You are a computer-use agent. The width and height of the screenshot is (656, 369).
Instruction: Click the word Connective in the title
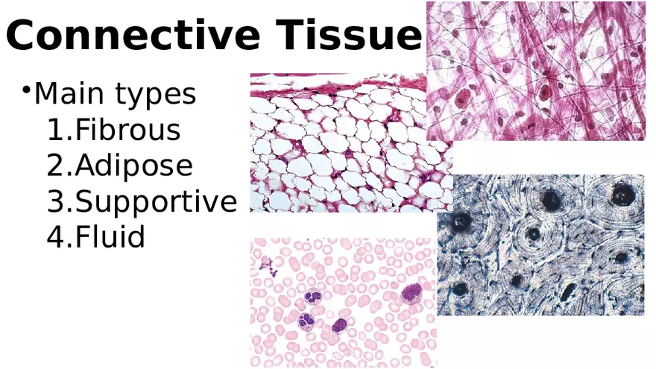133,36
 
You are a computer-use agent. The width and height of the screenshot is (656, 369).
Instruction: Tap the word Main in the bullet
70,95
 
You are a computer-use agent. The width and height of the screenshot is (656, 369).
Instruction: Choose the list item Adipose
133,166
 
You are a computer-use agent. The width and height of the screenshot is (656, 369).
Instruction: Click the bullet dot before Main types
26,91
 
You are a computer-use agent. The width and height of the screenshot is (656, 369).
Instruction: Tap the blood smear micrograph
343,302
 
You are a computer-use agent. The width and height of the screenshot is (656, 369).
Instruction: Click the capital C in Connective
23,36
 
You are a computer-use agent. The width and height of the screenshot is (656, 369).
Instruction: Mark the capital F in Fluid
83,238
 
